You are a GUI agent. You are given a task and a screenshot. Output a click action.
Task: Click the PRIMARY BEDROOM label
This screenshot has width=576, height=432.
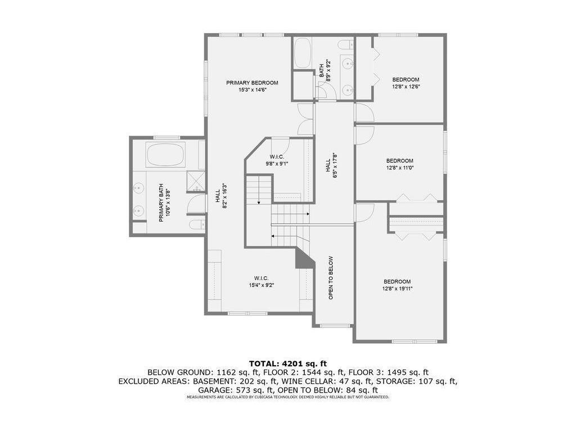[x=252, y=83]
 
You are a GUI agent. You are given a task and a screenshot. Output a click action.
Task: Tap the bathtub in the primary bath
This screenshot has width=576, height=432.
[x=165, y=155]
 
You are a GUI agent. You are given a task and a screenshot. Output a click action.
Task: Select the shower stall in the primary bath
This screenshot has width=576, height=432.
[x=195, y=182]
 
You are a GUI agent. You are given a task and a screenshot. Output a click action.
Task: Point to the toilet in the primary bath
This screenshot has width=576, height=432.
[x=196, y=224]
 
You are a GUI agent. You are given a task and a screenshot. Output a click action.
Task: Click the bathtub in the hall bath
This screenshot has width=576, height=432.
[x=302, y=53]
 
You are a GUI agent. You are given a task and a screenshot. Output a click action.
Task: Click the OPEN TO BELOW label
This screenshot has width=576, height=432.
[x=331, y=278]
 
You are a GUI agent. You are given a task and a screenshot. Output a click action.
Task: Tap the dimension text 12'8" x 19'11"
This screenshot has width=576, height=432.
[x=397, y=289]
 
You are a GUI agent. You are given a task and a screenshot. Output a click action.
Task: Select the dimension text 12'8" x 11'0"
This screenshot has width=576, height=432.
[x=400, y=168]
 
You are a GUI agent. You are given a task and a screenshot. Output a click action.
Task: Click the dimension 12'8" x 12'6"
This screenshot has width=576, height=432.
[x=406, y=87]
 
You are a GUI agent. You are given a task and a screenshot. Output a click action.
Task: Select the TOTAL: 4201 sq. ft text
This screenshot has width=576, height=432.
[x=288, y=364]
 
